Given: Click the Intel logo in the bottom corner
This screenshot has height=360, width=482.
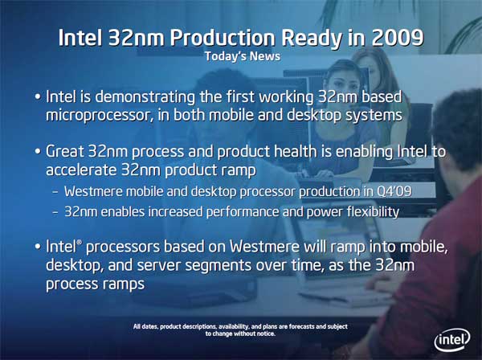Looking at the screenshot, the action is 452,339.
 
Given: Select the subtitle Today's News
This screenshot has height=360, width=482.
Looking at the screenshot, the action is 243,56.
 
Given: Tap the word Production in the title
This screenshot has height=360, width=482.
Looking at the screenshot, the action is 223,38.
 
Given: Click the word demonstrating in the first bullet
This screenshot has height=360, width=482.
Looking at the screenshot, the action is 145,97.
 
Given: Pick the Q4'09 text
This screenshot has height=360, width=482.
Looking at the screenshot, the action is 394,191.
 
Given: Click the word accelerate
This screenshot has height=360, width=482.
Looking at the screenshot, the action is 81,170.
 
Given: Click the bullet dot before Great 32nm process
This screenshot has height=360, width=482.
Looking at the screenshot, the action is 38,152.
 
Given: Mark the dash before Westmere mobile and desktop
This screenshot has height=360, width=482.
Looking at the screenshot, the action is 55,192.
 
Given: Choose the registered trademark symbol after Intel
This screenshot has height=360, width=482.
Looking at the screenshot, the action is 80,243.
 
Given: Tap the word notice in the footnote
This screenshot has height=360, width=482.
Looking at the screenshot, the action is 266,333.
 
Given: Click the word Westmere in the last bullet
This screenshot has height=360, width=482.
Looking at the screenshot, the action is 264,247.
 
